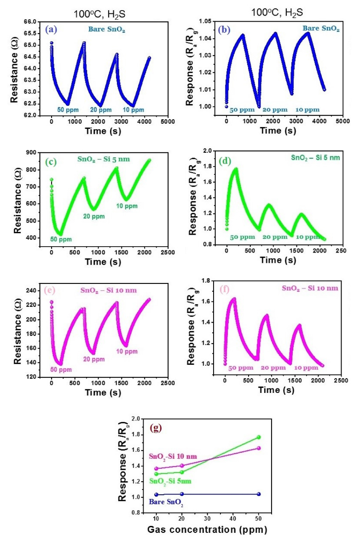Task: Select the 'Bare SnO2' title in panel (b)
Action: pos(321,29)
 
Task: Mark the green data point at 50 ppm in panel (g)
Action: pos(259,437)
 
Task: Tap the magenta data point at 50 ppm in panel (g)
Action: pos(259,448)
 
